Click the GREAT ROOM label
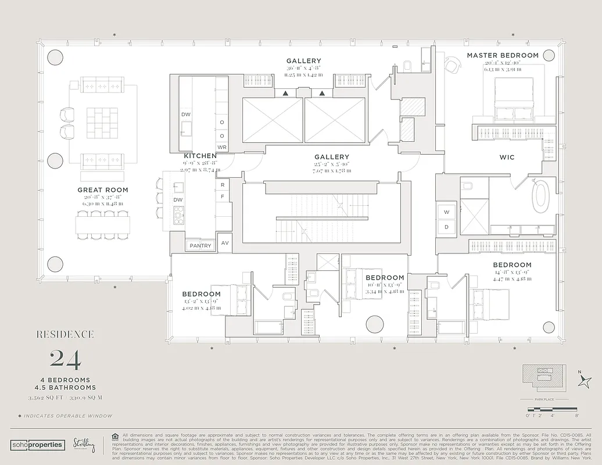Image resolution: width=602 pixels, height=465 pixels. [x=103, y=190]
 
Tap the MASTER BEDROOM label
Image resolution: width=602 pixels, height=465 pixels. [x=503, y=55]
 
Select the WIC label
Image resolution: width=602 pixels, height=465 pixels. [x=507, y=158]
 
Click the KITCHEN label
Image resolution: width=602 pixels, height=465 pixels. [x=200, y=156]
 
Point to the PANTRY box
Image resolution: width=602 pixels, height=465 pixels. [x=200, y=246]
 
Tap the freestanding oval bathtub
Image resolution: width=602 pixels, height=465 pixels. [x=542, y=197]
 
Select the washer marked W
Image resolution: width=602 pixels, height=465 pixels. [x=447, y=212]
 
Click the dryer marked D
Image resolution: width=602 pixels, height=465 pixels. [x=447, y=227]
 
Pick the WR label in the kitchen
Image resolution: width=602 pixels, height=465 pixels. [x=221, y=147]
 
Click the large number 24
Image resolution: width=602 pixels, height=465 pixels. [x=66, y=359]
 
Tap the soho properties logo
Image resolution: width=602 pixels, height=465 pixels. [x=37, y=445]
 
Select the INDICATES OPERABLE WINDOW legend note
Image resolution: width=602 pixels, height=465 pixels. [x=65, y=416]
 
